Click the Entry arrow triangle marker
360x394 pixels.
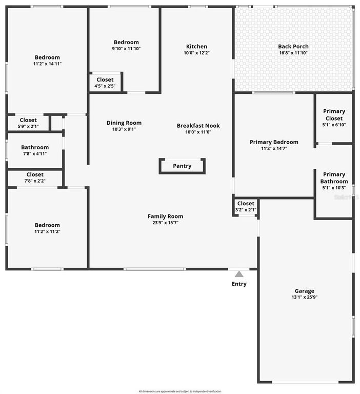tap(239, 274)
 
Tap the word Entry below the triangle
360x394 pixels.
tap(239, 284)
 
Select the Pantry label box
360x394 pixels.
tap(182, 166)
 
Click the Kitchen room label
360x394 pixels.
tap(196, 46)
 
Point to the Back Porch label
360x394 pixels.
tap(293, 46)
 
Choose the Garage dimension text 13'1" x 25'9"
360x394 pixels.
tap(305, 298)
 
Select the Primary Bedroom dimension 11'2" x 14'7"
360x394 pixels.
tap(274, 149)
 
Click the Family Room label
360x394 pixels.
tap(165, 216)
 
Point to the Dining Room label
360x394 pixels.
tap(124, 123)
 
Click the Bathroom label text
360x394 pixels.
tap(35, 147)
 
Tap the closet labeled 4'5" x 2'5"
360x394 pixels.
tap(105, 83)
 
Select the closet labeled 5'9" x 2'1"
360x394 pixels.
tap(28, 123)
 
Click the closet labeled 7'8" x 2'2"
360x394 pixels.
tap(35, 178)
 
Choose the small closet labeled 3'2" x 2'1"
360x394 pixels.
tap(246, 206)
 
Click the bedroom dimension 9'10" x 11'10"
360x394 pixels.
tap(126, 49)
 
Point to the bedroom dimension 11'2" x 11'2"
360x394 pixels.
tap(47, 231)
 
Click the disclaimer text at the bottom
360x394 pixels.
tap(179, 391)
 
